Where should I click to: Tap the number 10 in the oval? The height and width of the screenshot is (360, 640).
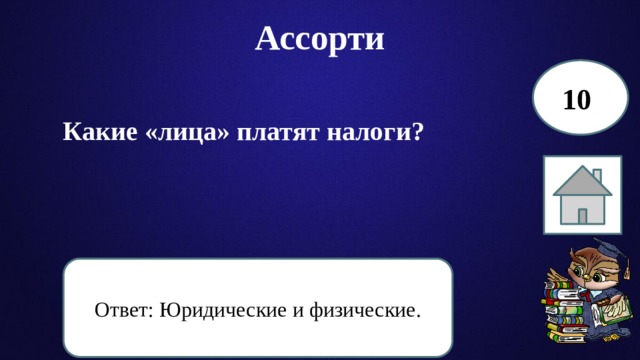577,100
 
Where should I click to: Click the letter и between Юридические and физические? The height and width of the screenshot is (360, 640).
298,310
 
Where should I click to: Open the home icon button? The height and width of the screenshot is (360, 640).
582,195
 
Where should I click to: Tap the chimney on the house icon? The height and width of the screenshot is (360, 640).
597,177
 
